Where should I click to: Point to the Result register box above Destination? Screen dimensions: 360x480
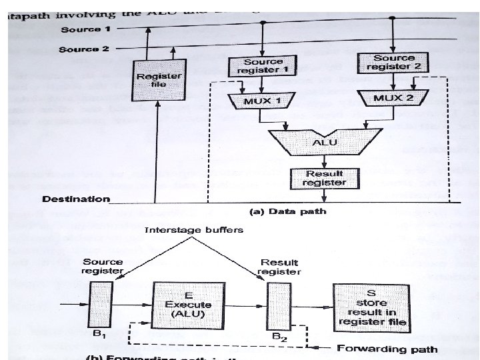pyautogui.click(x=323, y=177)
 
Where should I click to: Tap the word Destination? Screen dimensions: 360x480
pyautogui.click(x=75, y=199)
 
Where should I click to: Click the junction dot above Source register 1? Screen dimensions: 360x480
pyautogui.click(x=264, y=23)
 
